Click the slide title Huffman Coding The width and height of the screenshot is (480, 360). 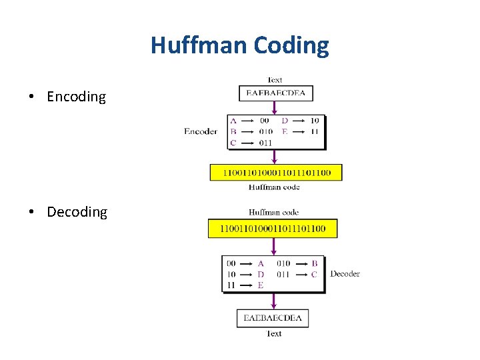point(239,45)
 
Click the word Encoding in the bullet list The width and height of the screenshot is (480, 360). point(76,97)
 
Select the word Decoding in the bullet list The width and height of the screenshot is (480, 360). point(77,212)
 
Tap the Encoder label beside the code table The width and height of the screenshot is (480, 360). point(201,131)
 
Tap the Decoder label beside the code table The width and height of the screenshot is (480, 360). point(345,273)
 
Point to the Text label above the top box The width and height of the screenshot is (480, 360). point(275,80)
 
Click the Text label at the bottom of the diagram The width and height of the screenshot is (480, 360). point(273,333)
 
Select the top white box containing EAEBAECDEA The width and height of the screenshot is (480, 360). point(275,93)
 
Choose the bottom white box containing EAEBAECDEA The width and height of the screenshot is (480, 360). point(273,318)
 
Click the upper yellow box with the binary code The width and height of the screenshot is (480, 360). point(275,173)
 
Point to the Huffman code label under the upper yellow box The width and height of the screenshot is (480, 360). point(274,187)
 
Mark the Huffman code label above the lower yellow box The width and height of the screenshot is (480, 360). point(273,213)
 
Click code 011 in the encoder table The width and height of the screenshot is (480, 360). point(265,143)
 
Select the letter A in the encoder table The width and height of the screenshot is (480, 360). point(233,121)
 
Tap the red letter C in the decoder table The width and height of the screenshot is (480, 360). point(314,274)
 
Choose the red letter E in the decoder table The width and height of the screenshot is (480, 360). point(260,285)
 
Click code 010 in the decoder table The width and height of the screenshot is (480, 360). point(283,263)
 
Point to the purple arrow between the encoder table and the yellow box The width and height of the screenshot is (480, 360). point(274,156)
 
